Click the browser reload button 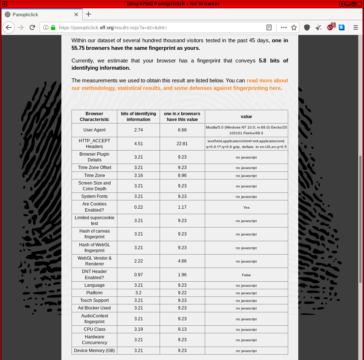[x=32, y=27]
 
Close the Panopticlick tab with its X [x=76, y=14]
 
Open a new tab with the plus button [x=88, y=14]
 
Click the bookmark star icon [x=294, y=27]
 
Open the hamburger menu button [x=356, y=27]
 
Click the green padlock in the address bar [x=53, y=27]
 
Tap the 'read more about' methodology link [x=267, y=81]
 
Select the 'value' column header [x=246, y=117]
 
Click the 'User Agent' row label [x=95, y=130]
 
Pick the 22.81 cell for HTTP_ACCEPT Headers [x=182, y=143]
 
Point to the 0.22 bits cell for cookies [x=138, y=207]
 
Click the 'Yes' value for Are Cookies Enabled [x=246, y=207]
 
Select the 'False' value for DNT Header [x=246, y=275]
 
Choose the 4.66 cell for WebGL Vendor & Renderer [x=182, y=261]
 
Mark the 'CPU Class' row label [x=95, y=329]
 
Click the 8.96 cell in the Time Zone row [x=182, y=175]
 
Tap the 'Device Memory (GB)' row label [x=95, y=351]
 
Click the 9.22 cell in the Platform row [x=182, y=293]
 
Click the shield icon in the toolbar [x=307, y=27]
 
